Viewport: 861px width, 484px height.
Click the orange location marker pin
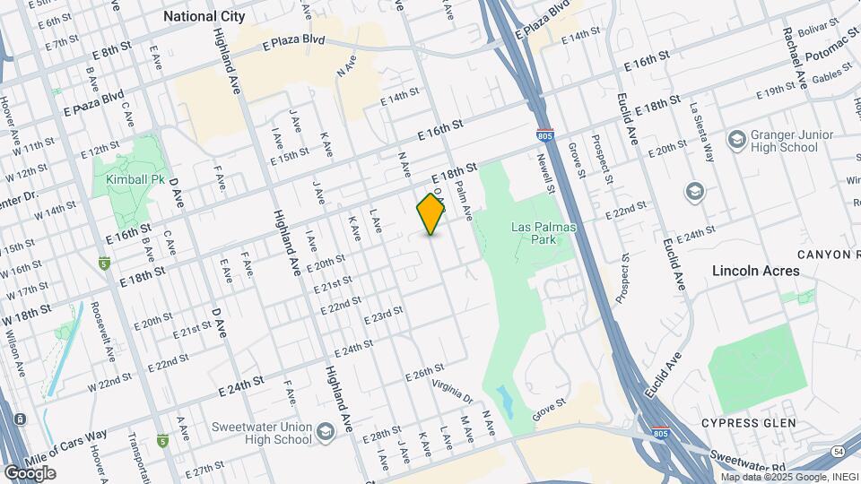tap(431, 214)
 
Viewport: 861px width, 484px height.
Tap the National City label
tap(204, 16)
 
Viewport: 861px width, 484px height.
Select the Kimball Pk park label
tap(134, 179)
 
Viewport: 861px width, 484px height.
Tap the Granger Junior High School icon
tap(736, 141)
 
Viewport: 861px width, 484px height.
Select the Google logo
tap(30, 472)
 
